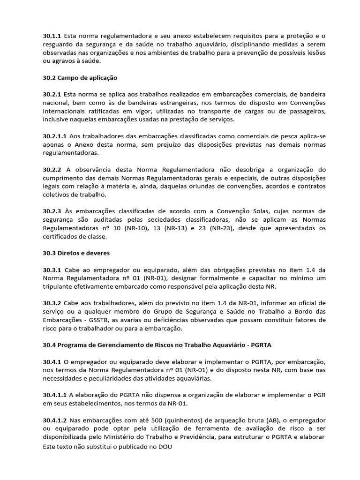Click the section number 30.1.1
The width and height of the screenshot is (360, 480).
tap(52, 35)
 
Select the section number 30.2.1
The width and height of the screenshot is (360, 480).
tap(52, 94)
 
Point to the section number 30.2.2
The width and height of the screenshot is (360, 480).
tap(52, 170)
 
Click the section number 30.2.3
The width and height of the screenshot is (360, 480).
tap(52, 212)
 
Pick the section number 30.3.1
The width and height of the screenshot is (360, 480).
tap(52, 270)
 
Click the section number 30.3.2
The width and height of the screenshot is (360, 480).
tap(52, 304)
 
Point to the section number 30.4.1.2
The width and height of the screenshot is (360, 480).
tap(54, 420)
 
